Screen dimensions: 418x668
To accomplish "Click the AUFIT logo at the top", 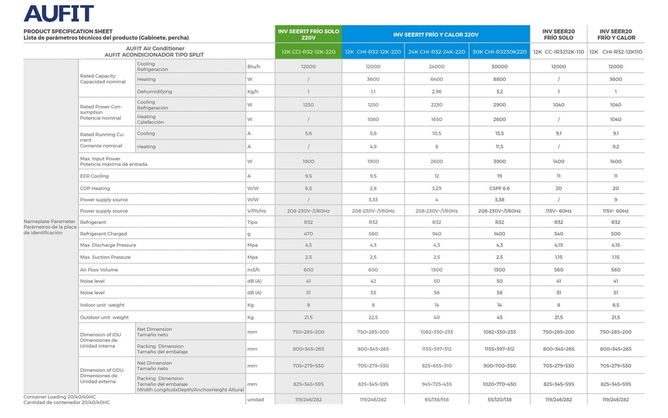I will pyautogui.click(x=59, y=13).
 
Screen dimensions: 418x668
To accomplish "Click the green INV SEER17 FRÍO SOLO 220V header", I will pyautogui.click(x=309, y=34).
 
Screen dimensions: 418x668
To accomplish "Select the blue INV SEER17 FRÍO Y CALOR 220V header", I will pyautogui.click(x=436, y=34).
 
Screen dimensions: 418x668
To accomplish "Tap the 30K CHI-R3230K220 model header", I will pyautogui.click(x=499, y=52).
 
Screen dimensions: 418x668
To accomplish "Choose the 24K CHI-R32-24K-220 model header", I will pyautogui.click(x=436, y=52).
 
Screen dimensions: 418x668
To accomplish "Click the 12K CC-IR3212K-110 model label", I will pyautogui.click(x=558, y=52).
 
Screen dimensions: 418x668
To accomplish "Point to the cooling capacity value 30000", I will pyautogui.click(x=499, y=67).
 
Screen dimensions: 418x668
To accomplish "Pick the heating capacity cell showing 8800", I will pyautogui.click(x=499, y=79).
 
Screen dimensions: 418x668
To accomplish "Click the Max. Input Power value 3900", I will pyautogui.click(x=499, y=161).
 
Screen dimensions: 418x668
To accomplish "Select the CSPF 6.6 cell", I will pyautogui.click(x=499, y=188).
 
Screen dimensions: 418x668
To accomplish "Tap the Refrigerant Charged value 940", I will pyautogui.click(x=436, y=233).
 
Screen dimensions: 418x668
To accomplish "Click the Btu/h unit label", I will pyautogui.click(x=254, y=67).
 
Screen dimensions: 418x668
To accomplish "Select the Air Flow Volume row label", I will pyautogui.click(x=99, y=269).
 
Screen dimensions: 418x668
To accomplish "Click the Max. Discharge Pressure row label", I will pyautogui.click(x=108, y=245).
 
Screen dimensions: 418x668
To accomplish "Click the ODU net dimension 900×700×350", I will pyautogui.click(x=499, y=366).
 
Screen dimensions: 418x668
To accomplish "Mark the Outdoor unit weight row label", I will pyautogui.click(x=104, y=317).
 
